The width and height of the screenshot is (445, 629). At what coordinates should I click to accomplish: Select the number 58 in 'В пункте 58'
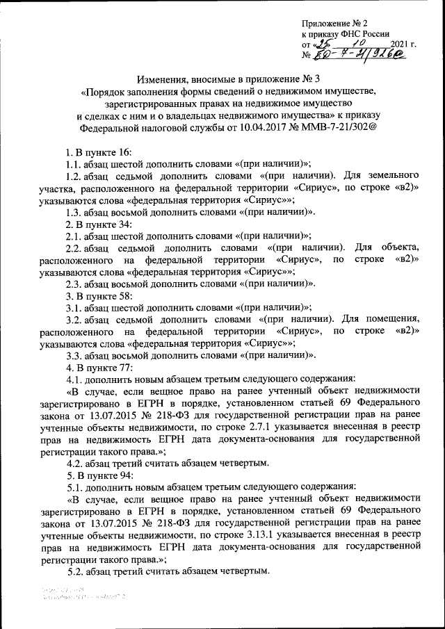pos(122,295)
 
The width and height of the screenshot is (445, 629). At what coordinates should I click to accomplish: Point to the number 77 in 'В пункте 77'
pos(122,367)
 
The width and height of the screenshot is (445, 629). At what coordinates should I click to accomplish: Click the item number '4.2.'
pos(74,463)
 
